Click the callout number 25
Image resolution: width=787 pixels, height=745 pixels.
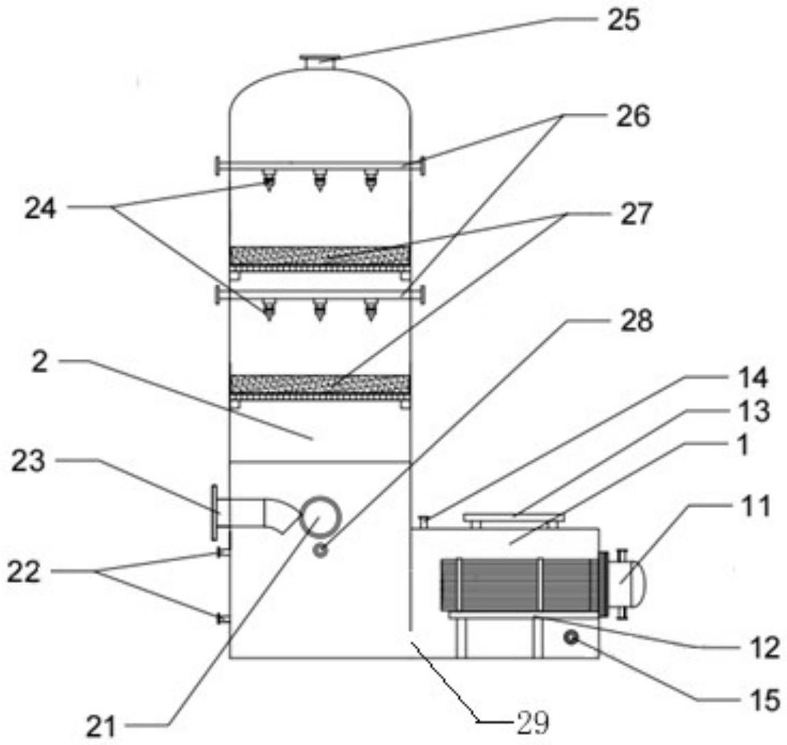coord(624,21)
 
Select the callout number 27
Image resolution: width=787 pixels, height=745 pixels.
coord(636,214)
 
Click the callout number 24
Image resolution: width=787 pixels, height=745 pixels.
coord(41,208)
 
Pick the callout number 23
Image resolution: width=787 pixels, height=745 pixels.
coord(29,461)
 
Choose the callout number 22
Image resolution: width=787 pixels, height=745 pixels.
coord(23,572)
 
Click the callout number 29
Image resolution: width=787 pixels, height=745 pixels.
coord(533,723)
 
